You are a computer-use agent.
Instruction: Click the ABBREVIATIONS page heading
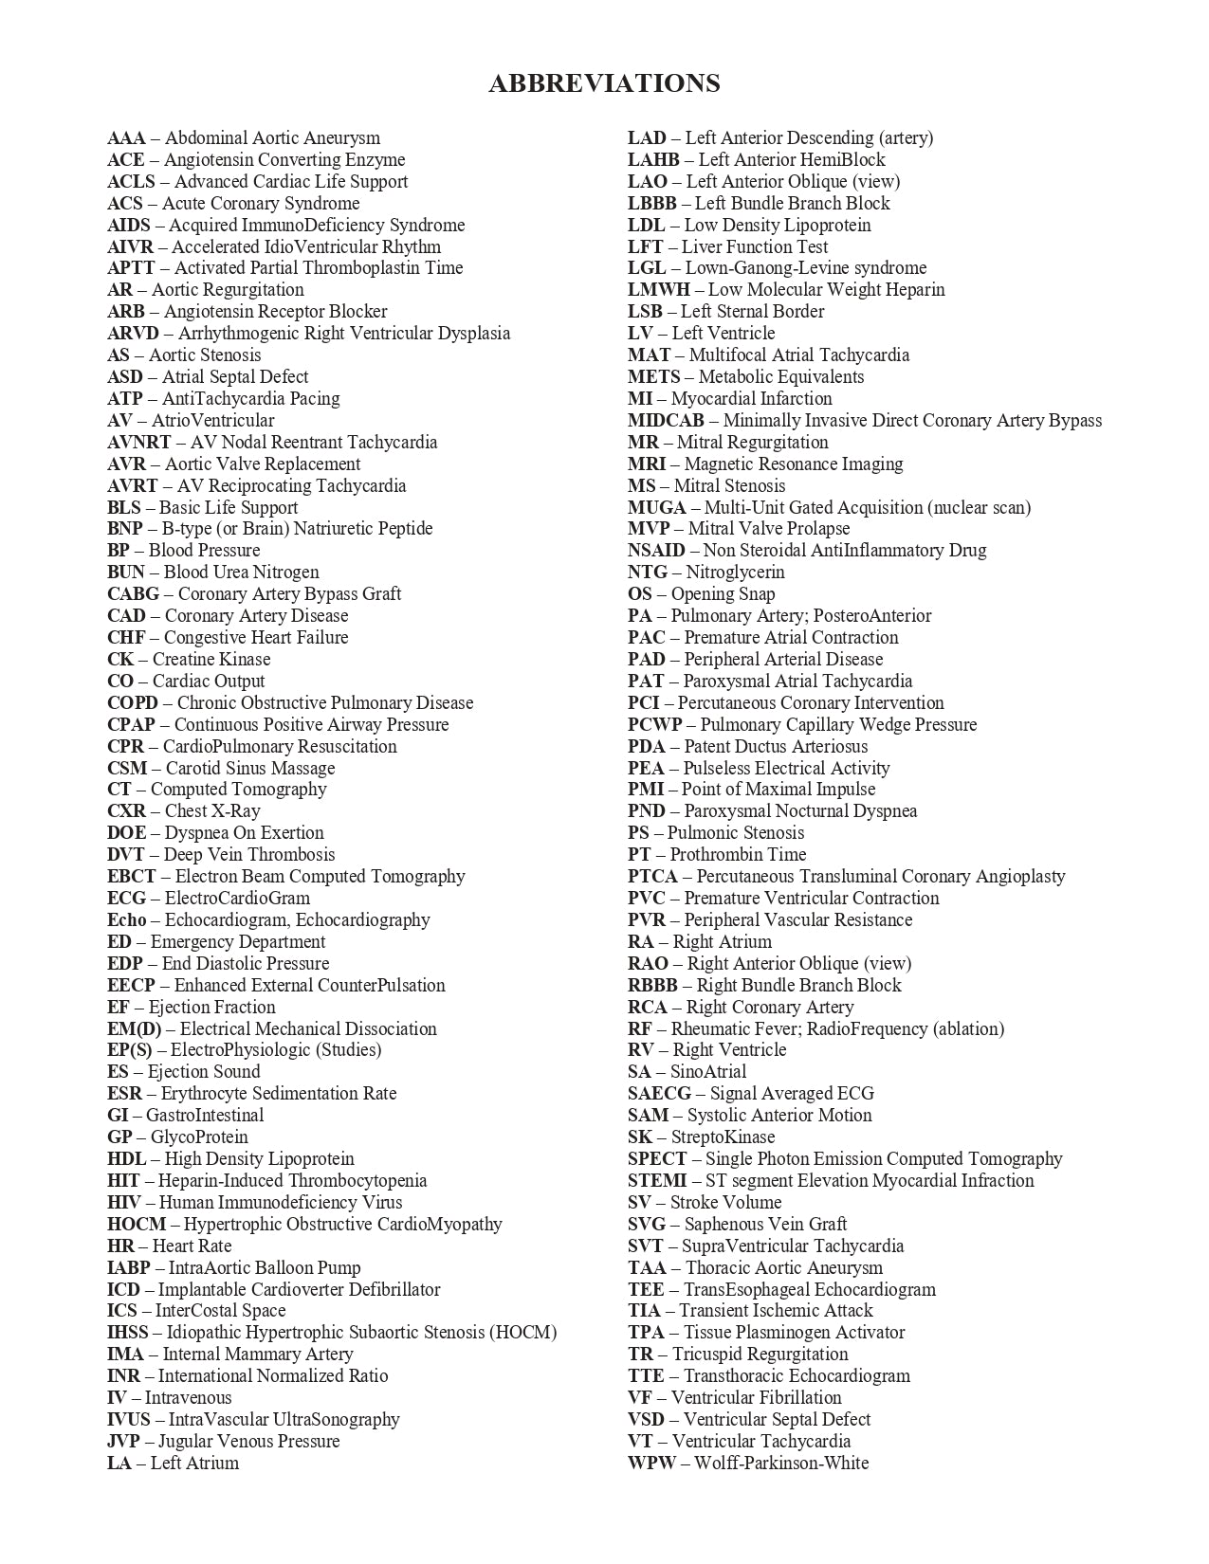(604, 83)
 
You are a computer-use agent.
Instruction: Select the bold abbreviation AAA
(126, 138)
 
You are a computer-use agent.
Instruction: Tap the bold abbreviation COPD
(133, 703)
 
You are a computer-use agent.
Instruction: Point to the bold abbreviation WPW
(651, 1464)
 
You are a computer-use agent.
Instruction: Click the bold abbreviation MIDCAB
(666, 421)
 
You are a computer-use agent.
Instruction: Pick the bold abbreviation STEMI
(657, 1181)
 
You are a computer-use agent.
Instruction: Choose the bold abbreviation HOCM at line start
(137, 1225)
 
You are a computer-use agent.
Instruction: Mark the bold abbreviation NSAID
(656, 551)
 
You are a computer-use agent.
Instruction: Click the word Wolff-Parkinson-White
(781, 1464)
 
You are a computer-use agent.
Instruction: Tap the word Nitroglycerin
(735, 573)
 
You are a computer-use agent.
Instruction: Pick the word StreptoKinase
(723, 1137)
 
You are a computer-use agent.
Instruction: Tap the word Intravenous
(188, 1398)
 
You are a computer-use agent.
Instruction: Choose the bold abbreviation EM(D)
(135, 1029)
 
